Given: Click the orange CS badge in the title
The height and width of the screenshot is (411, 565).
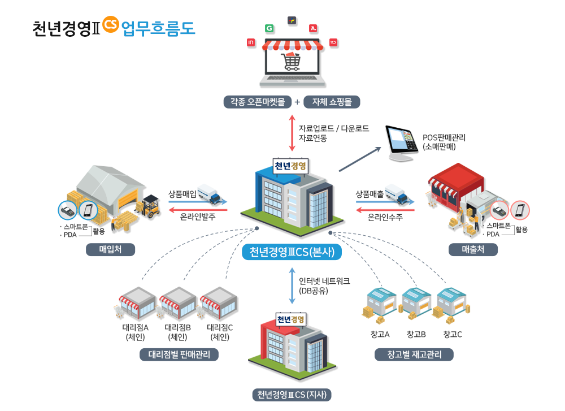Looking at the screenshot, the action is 111,24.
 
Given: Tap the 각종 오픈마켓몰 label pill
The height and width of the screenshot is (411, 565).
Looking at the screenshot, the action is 257,102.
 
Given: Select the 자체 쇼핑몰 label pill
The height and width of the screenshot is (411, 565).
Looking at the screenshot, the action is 332,102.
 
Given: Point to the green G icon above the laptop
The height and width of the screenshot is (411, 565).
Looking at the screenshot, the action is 269,28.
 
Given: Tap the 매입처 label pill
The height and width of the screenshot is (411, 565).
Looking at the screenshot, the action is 110,249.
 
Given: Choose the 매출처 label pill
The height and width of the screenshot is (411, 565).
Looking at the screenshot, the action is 473,249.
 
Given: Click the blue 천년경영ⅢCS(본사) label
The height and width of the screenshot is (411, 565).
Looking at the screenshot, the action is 292,252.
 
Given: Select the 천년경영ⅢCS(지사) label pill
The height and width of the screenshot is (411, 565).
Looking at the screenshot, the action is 292,395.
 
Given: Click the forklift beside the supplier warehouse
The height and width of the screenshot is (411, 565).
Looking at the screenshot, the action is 149,207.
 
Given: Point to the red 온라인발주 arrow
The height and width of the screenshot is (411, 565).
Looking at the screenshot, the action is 198,210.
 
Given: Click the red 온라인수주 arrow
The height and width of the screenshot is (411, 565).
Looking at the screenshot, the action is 385,210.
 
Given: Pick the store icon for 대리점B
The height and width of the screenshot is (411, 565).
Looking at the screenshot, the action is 177,304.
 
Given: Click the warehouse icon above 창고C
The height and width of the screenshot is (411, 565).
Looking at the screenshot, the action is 451,305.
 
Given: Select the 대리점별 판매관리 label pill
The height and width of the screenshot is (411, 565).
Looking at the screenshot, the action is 179,355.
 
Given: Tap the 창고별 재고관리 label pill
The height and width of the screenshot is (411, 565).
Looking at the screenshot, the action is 414,355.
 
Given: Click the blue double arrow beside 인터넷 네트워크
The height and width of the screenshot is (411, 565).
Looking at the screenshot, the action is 292,286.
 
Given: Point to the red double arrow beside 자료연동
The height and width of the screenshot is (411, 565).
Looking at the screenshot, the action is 292,133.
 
